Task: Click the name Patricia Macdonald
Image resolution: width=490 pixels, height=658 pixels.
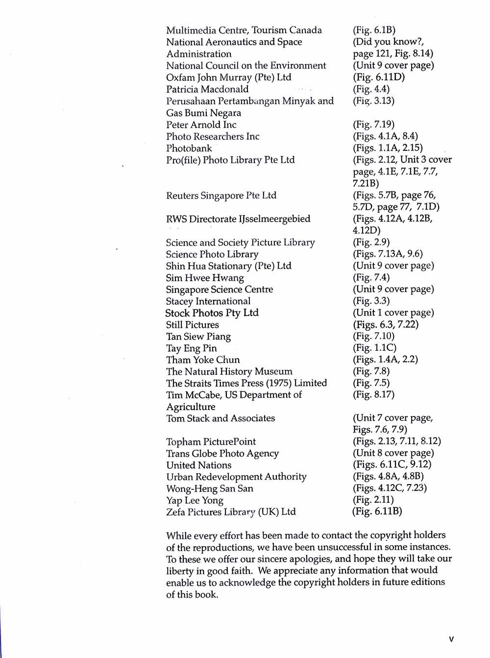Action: point(207,89)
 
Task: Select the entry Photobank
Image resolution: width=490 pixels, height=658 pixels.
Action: point(189,148)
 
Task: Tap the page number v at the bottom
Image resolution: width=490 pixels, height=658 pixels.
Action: point(451,639)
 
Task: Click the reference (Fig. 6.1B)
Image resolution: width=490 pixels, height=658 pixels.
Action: point(374,30)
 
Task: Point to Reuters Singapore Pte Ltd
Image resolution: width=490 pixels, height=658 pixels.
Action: point(221,195)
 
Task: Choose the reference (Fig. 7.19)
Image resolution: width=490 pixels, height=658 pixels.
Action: point(373,124)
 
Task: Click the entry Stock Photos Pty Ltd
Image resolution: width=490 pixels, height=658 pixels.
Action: point(212,313)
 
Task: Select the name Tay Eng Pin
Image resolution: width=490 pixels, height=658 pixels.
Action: point(191,348)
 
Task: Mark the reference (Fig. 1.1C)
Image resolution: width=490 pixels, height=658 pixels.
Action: point(374,348)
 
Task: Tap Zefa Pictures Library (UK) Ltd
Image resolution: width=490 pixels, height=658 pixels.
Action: point(231,512)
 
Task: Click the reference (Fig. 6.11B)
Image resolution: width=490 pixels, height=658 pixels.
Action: point(377,512)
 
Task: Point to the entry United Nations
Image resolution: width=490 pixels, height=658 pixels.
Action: point(198,465)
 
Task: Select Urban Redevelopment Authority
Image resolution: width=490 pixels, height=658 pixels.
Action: point(236,477)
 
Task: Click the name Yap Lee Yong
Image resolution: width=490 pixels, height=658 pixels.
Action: point(195,500)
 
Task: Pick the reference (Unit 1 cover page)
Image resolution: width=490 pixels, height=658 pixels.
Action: point(393,313)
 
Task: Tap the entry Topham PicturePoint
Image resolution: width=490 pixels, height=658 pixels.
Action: point(211,441)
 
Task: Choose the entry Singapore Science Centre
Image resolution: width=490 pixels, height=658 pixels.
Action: point(220,290)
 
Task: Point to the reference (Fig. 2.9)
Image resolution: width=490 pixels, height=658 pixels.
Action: point(371,242)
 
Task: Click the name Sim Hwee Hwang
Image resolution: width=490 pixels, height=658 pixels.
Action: point(205,278)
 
